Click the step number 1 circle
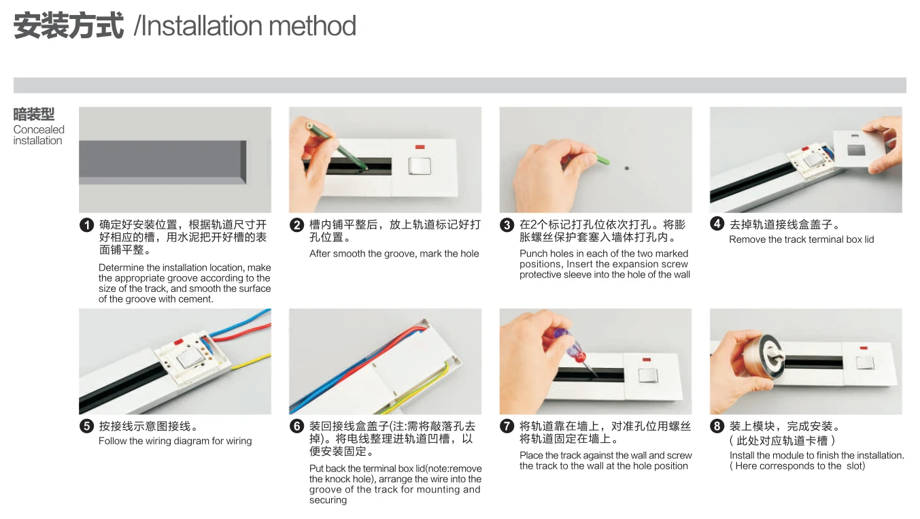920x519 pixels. [x=86, y=225]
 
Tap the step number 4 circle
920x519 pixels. [x=717, y=223]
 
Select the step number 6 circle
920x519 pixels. [x=296, y=426]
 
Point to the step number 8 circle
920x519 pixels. [x=717, y=426]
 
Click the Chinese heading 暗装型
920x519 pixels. [x=34, y=114]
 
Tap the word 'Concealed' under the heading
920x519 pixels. [x=39, y=129]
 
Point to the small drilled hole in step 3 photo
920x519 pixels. [x=626, y=166]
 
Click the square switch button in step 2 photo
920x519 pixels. [x=420, y=166]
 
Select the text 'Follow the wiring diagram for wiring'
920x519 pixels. [x=175, y=441]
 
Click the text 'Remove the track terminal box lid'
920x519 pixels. [x=801, y=239]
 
